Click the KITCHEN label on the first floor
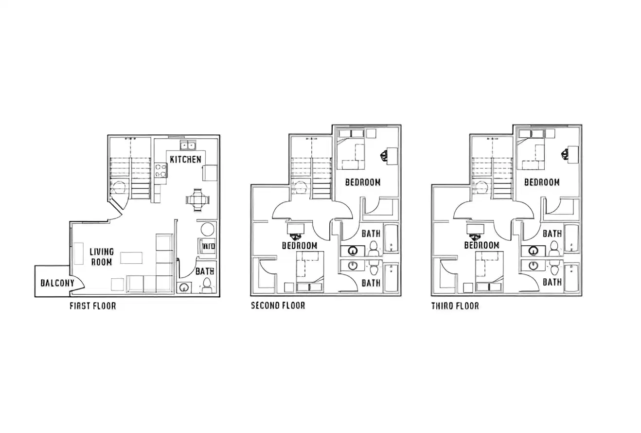tap(185, 159)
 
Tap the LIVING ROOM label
tap(102, 256)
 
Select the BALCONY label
tap(57, 283)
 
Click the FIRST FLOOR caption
tap(92, 306)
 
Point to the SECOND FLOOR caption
tap(278, 306)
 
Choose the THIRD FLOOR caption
tap(455, 306)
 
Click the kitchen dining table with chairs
tap(197, 199)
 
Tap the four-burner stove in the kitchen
tap(160, 170)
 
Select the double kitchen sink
tap(188, 145)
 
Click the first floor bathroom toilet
tap(207, 285)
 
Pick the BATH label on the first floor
tap(205, 271)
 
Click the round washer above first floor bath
tap(208, 229)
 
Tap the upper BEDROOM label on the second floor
tap(362, 182)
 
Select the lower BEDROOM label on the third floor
tap(481, 245)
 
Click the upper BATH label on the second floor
tap(371, 234)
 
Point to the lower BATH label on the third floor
tap(552, 282)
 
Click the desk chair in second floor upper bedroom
tap(384, 155)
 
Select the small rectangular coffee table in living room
tap(131, 257)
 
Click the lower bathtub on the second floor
tap(391, 279)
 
